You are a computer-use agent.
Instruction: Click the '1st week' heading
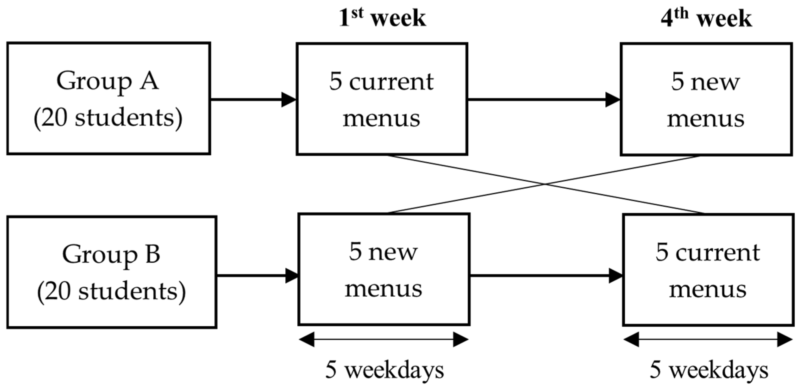(x=382, y=18)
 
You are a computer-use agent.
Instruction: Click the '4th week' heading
(x=706, y=18)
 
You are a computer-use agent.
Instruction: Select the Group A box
(x=108, y=98)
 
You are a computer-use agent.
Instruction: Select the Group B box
(x=112, y=272)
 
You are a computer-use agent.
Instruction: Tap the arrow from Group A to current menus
(x=253, y=100)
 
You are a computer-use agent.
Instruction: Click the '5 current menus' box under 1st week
(x=382, y=99)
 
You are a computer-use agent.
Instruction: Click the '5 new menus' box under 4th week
(x=706, y=99)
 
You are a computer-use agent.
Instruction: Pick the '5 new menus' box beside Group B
(x=384, y=269)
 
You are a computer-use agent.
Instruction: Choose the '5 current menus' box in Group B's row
(x=708, y=270)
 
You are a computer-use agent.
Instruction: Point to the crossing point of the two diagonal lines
(x=545, y=184)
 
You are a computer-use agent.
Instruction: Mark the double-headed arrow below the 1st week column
(x=384, y=339)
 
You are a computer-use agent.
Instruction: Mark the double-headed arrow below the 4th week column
(x=708, y=340)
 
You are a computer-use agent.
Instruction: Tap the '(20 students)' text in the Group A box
(x=108, y=118)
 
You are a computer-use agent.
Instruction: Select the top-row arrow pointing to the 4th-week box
(x=544, y=100)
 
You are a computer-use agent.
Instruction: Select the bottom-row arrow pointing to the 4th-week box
(x=546, y=276)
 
